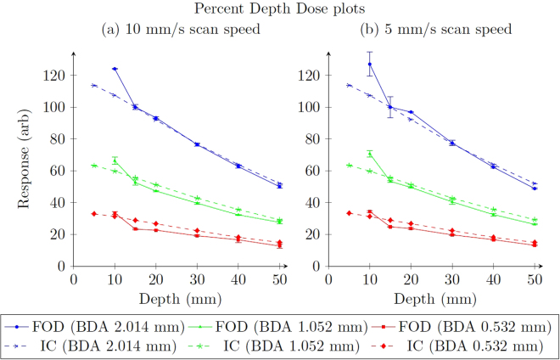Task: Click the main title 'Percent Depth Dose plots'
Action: pos(281,9)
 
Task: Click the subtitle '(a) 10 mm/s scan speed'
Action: pos(180,29)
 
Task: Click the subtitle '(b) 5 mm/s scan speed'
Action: pos(436,29)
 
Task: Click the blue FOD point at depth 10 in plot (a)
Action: pos(115,69)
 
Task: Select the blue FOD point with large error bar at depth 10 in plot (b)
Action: pos(370,65)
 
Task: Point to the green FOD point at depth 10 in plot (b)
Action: pos(370,154)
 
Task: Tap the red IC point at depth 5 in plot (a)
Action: pos(93,213)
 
